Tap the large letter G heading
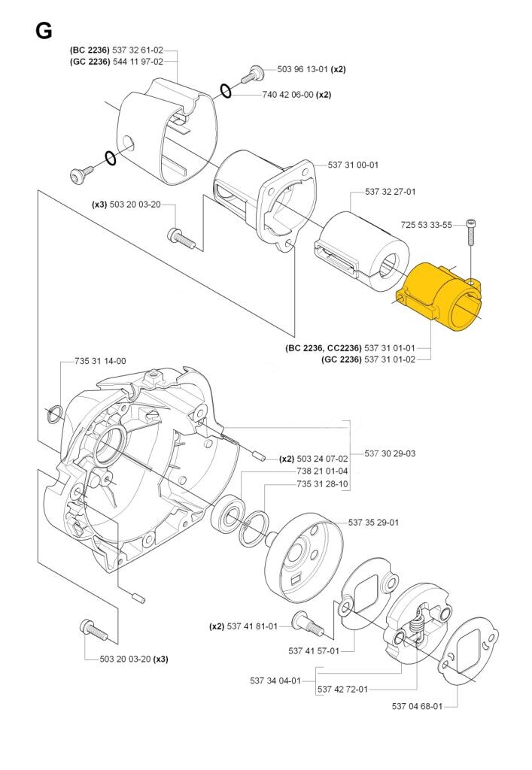pos(43,31)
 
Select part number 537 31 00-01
pos(353,165)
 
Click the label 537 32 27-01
pos(391,192)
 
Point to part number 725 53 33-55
pos(427,225)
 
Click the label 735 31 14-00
pos(100,361)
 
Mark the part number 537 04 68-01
pos(417,706)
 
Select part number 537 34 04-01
pos(275,681)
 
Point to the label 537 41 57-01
pos(313,651)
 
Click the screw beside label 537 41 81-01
pos(306,622)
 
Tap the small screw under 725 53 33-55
pos(472,232)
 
